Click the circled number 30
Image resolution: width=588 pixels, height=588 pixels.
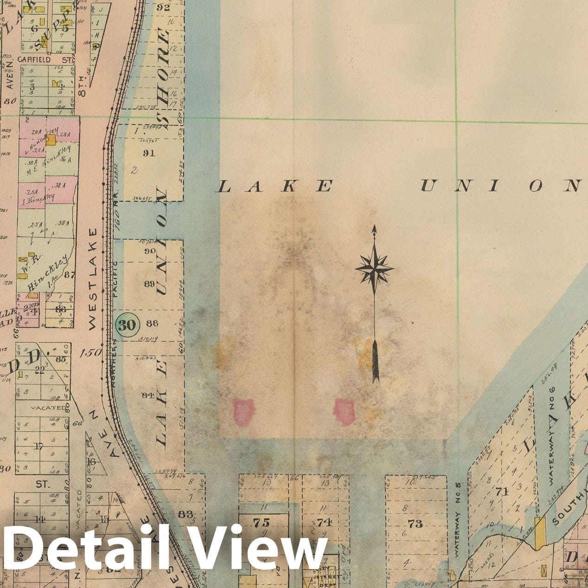[126, 325]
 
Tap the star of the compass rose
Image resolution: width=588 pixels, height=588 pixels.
[374, 268]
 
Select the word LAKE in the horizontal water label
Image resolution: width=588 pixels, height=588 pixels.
[275, 186]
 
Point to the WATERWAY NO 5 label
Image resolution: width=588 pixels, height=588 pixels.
[457, 519]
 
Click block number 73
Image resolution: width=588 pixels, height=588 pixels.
[415, 524]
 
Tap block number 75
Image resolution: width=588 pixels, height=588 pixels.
[261, 523]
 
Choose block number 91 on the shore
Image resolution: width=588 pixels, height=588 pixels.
[149, 153]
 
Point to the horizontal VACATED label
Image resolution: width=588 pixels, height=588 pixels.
[49, 408]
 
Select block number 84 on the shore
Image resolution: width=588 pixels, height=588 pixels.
[148, 395]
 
